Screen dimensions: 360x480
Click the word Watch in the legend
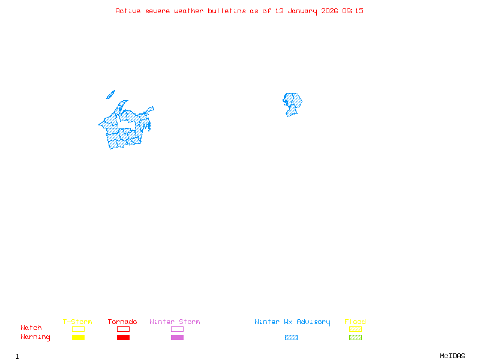coord(31,328)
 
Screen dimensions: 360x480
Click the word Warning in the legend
coord(35,337)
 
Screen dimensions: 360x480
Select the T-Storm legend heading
coord(77,322)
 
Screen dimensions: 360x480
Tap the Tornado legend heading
coord(122,322)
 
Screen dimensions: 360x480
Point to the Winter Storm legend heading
coord(175,322)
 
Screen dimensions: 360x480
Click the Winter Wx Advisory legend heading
coord(292,322)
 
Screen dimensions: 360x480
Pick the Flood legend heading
coord(355,322)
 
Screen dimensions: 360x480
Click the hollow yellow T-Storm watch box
coord(78,329)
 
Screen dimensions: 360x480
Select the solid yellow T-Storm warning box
coord(78,337)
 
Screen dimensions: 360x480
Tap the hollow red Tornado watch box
coord(123,329)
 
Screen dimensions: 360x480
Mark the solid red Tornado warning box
coord(123,337)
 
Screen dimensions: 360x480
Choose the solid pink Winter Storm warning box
coord(177,337)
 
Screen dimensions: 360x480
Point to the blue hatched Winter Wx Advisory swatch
coord(291,337)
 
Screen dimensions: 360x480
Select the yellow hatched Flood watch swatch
coord(355,329)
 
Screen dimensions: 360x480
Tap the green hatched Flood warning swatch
coord(355,337)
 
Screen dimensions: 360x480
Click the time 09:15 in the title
coord(353,11)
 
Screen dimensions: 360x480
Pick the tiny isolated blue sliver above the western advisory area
coord(110,94)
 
